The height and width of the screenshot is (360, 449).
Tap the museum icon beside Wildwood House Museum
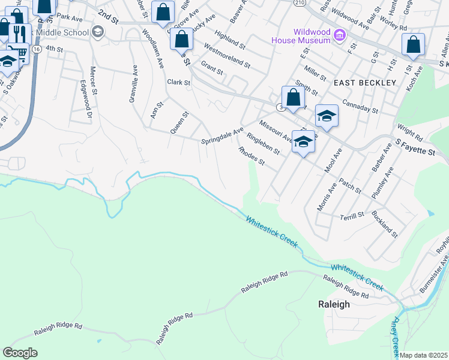click(340, 36)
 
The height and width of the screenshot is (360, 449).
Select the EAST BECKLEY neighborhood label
click(365, 82)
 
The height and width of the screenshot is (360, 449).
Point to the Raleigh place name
click(333, 304)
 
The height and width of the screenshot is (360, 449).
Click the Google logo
click(20, 353)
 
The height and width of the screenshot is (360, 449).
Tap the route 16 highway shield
click(37, 48)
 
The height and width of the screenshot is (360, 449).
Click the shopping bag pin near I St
click(413, 44)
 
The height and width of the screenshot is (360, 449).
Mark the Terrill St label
click(352, 215)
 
